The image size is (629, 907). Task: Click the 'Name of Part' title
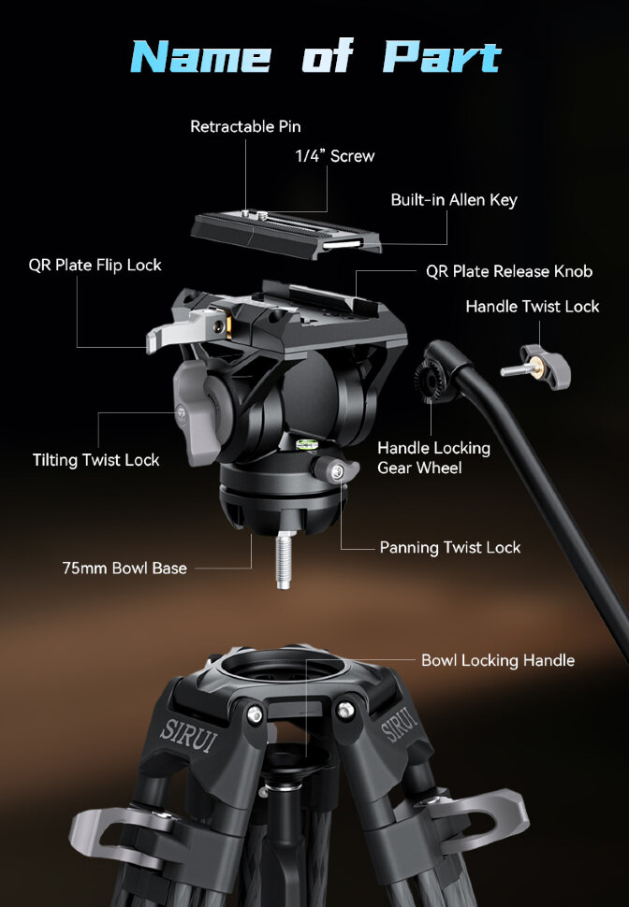315,57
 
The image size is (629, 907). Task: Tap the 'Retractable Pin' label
245,126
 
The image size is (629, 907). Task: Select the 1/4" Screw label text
335,155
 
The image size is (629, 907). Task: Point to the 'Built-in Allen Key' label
454,200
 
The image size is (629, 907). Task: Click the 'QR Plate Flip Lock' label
95,265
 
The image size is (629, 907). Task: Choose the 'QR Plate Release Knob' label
509,271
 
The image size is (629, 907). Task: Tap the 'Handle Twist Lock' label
533,306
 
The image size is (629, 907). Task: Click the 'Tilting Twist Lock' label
96,460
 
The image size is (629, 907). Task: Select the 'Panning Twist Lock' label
450,547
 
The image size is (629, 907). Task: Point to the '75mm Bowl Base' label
124,568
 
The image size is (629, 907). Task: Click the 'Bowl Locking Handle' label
498,660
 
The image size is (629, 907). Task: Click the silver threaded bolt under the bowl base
283,560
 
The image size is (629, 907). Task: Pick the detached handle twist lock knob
536,367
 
